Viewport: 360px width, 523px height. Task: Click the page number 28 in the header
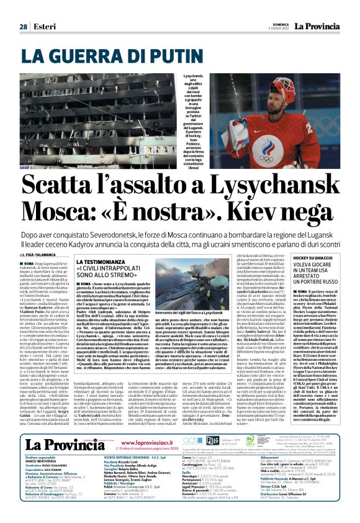pos(23,27)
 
